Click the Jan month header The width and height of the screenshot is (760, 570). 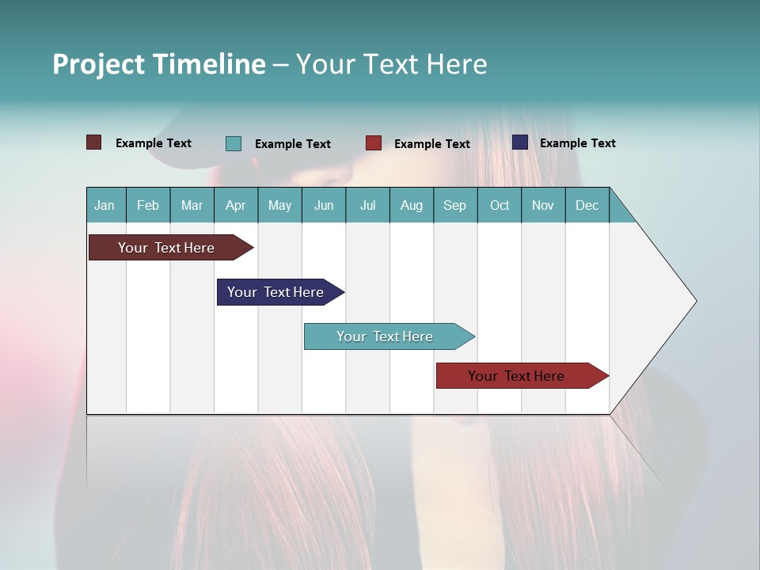tap(104, 205)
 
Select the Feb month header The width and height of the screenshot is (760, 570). tap(148, 205)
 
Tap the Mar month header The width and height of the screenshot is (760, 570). tap(192, 205)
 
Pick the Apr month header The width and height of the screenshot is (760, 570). tap(236, 205)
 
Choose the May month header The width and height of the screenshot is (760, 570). tap(279, 205)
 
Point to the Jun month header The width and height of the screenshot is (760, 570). tap(324, 205)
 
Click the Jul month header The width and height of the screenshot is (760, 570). tap(367, 205)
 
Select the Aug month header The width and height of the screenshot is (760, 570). tap(412, 205)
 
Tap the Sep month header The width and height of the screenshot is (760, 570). tap(455, 205)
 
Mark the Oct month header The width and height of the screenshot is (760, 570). tap(500, 205)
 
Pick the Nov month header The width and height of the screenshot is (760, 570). tap(543, 205)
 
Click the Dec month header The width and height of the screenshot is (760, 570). tap(587, 205)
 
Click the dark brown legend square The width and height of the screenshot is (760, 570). tap(94, 142)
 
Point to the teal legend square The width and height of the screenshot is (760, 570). tap(234, 143)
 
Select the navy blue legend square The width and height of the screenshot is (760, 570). tap(520, 142)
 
